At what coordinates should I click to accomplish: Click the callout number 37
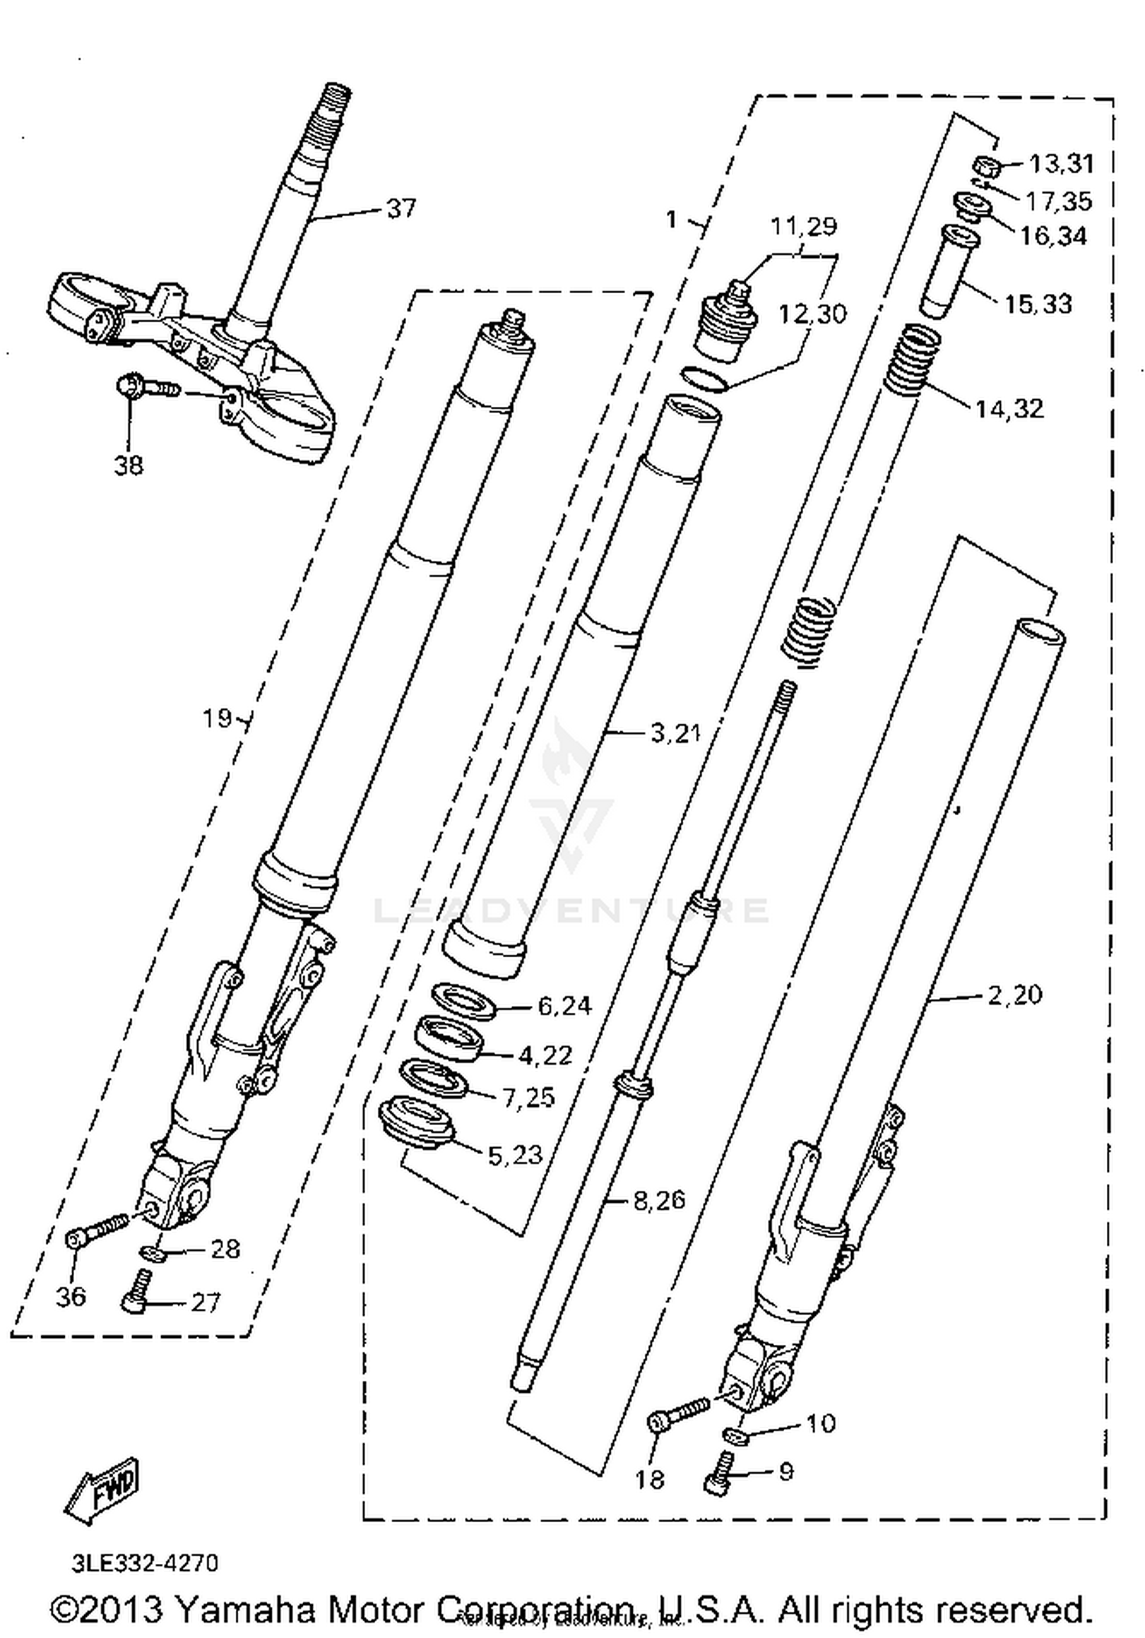[401, 208]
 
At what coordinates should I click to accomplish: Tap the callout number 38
[128, 465]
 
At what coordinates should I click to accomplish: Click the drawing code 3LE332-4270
[145, 1562]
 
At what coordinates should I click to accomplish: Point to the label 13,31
[1061, 163]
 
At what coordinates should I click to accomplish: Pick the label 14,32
[1009, 409]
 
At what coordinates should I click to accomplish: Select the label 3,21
[675, 734]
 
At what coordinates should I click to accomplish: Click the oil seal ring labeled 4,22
[447, 1038]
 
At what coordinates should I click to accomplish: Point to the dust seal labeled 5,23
[417, 1120]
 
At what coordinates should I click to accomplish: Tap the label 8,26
[660, 1200]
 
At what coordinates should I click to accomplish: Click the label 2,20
[1014, 995]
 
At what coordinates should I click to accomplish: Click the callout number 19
[217, 718]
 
